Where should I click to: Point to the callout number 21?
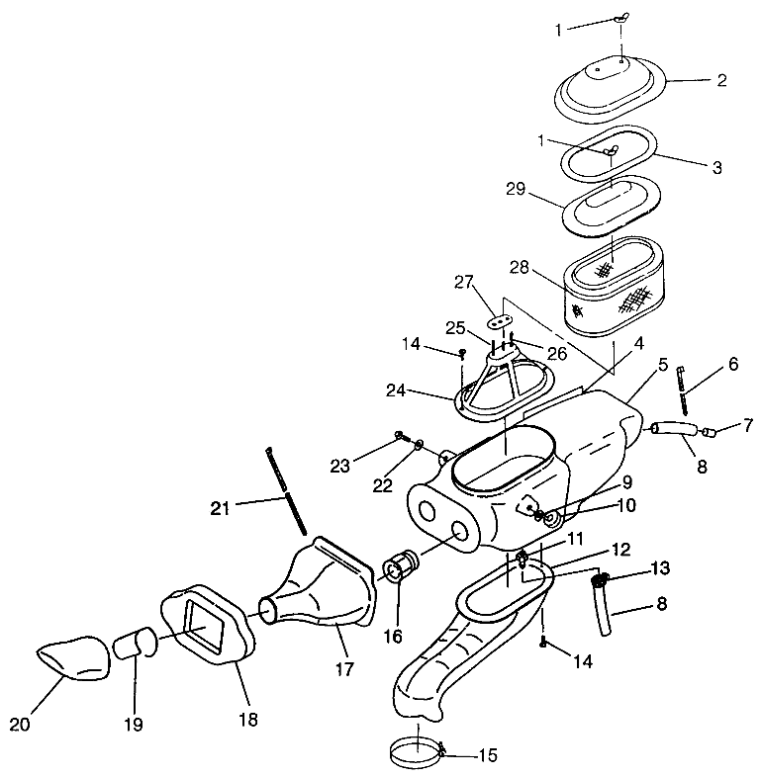[221, 508]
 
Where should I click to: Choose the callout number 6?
[733, 364]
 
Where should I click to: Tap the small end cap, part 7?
[710, 431]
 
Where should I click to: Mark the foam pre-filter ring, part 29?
[612, 203]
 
